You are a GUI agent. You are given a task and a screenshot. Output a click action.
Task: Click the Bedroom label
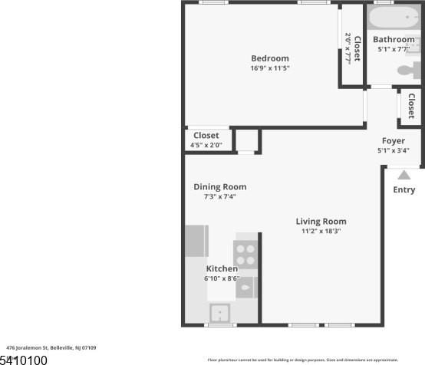[x=270, y=58]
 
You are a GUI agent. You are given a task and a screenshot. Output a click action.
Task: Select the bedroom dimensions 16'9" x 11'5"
[x=270, y=68]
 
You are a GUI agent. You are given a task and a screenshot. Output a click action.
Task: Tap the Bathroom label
[x=394, y=40]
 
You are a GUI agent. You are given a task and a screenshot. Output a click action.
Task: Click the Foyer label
[x=394, y=141]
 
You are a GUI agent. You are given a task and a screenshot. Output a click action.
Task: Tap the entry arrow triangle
[x=404, y=175]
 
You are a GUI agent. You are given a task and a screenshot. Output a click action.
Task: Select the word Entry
[x=404, y=190]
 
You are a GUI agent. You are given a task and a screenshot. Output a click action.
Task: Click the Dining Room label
[x=219, y=186]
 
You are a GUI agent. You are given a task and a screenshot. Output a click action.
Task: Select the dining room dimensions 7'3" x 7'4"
[x=219, y=196]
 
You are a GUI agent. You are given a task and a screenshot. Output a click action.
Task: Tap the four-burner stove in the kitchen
[x=245, y=254]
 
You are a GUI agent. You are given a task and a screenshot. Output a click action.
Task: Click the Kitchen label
[x=222, y=269]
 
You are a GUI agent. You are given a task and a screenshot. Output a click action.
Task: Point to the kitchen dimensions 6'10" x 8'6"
[x=222, y=278]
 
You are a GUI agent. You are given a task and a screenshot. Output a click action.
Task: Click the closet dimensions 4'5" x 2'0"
[x=206, y=145]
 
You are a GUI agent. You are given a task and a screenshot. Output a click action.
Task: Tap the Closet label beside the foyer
[x=411, y=107]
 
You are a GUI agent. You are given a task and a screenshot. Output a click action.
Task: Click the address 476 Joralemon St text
[x=51, y=347]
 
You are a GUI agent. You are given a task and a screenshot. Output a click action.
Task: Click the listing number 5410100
[x=24, y=359]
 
